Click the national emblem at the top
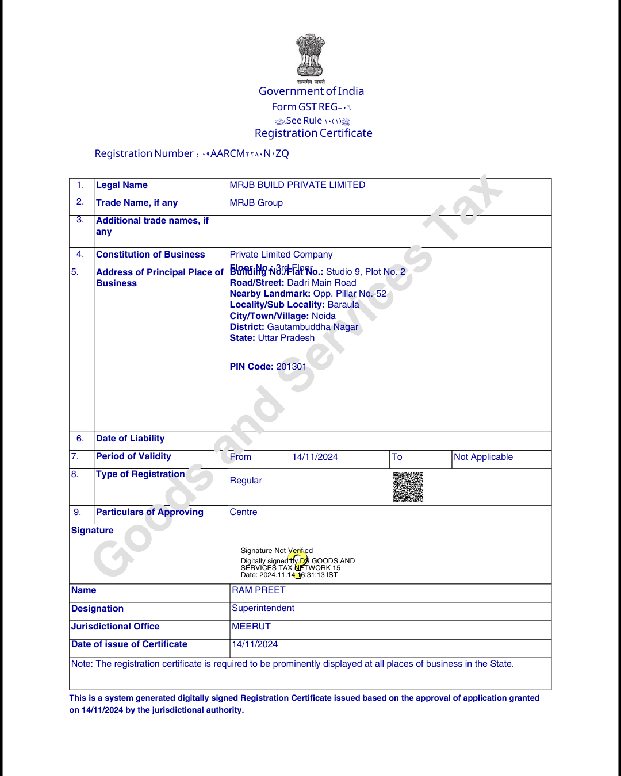pyautogui.click(x=310, y=56)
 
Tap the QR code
pyautogui.click(x=408, y=487)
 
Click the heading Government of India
pyautogui.click(x=311, y=91)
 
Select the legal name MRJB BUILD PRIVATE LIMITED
pyautogui.click(x=297, y=185)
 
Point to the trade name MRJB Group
pyautogui.click(x=256, y=203)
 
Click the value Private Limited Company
pyautogui.click(x=281, y=255)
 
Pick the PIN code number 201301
pyautogui.click(x=292, y=367)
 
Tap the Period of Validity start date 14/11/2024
pyautogui.click(x=315, y=457)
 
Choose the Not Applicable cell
pyautogui.click(x=484, y=457)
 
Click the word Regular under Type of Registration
pyautogui.click(x=246, y=481)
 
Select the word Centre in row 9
pyautogui.click(x=244, y=512)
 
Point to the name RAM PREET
pyautogui.click(x=259, y=590)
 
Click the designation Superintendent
pyautogui.click(x=263, y=608)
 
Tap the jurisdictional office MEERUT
pyautogui.click(x=251, y=627)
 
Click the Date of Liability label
pyautogui.click(x=131, y=439)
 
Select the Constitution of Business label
pyautogui.click(x=151, y=255)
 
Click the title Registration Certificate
pyautogui.click(x=313, y=133)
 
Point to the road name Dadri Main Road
pyautogui.click(x=321, y=283)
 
